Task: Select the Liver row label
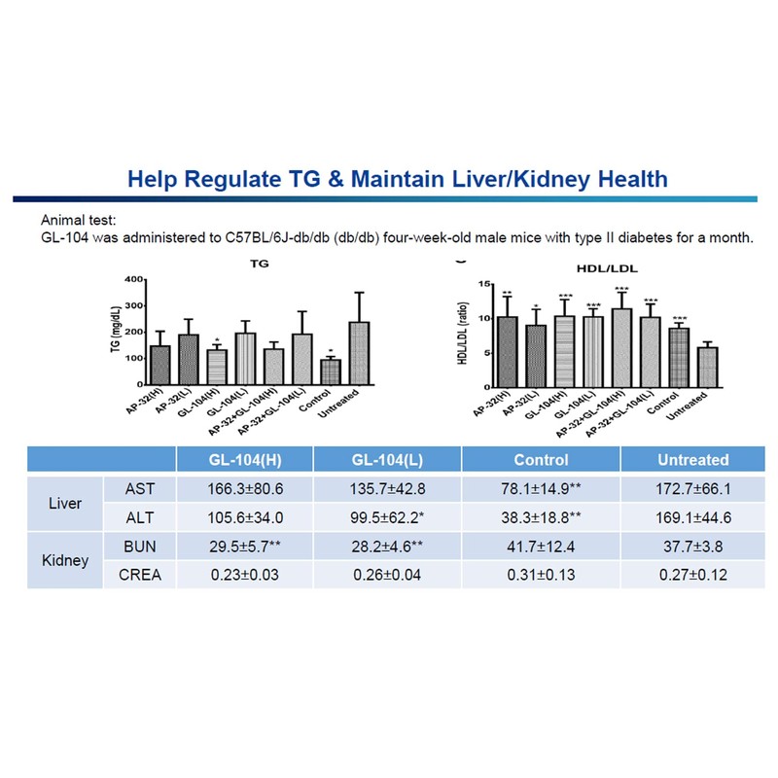pos(64,504)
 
